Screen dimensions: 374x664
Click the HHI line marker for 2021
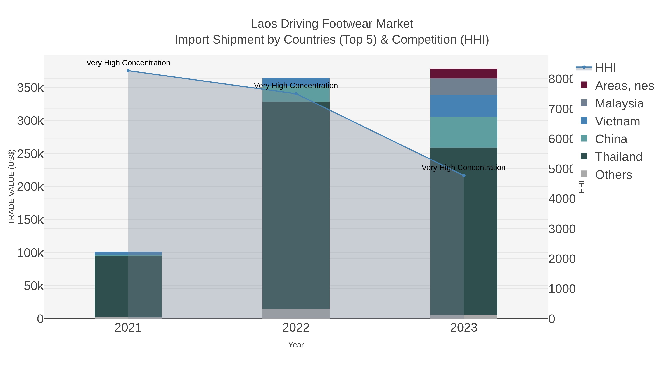point(128,71)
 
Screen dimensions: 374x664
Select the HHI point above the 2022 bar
point(296,94)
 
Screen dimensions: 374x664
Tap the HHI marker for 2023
point(464,175)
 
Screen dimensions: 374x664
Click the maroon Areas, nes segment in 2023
point(464,74)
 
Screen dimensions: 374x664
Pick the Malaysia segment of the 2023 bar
point(464,87)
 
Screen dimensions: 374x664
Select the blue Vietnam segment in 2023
point(464,106)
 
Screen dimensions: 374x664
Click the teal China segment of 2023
point(464,132)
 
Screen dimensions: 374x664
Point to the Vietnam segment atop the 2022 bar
point(296,81)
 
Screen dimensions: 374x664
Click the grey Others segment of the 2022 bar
point(296,314)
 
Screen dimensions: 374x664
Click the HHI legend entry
point(605,68)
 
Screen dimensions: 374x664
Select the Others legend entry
point(613,175)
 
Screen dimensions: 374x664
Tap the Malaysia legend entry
point(619,103)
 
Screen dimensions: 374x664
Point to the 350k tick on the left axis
point(30,88)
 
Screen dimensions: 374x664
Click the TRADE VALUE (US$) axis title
point(12,187)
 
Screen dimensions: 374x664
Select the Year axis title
point(296,345)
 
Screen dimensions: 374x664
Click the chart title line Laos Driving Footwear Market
point(332,24)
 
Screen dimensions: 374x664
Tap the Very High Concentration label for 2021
point(128,63)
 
